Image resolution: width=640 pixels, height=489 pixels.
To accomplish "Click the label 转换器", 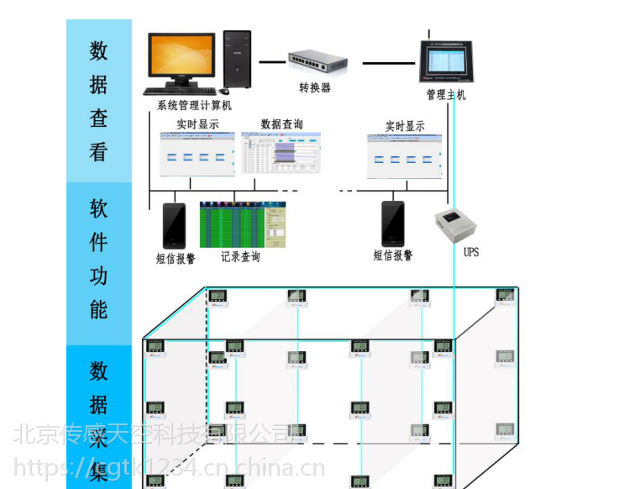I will tap(315, 87).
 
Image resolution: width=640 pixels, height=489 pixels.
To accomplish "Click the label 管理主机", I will tap(446, 95).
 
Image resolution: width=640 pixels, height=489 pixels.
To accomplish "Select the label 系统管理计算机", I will tap(194, 106).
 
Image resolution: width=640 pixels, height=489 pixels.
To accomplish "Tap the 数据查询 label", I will tap(281, 124).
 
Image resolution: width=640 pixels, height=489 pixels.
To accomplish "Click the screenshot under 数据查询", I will tap(281, 154).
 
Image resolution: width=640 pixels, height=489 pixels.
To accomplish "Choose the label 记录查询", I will tap(240, 257).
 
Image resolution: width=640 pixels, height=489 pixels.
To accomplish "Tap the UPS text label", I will tap(470, 251).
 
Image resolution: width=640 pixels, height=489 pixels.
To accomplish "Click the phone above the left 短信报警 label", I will tap(174, 225).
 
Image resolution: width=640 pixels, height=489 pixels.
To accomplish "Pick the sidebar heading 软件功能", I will tap(99, 260).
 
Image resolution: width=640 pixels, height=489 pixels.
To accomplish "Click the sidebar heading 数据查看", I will tap(99, 101).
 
